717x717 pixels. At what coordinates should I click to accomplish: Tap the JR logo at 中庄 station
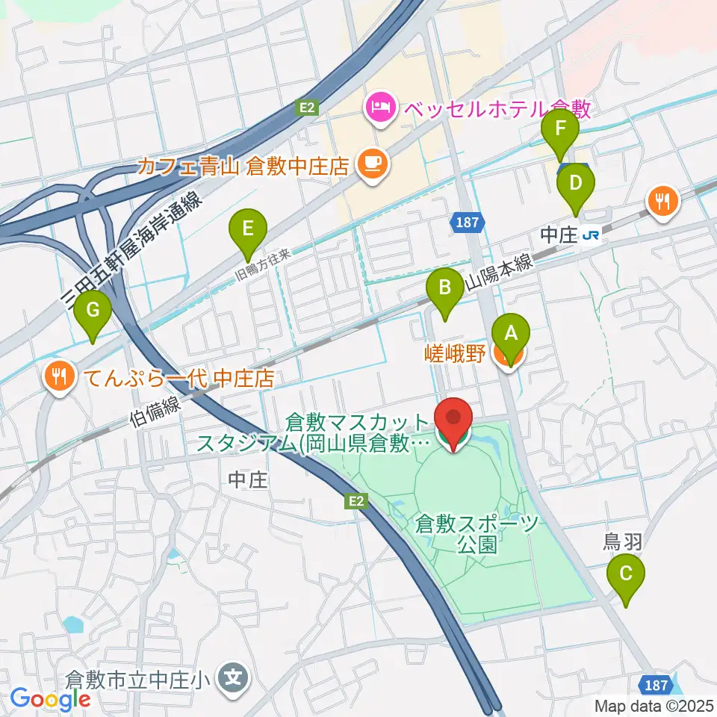point(592,235)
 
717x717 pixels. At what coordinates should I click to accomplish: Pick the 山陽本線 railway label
point(498,273)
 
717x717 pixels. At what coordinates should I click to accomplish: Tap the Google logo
point(50,699)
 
